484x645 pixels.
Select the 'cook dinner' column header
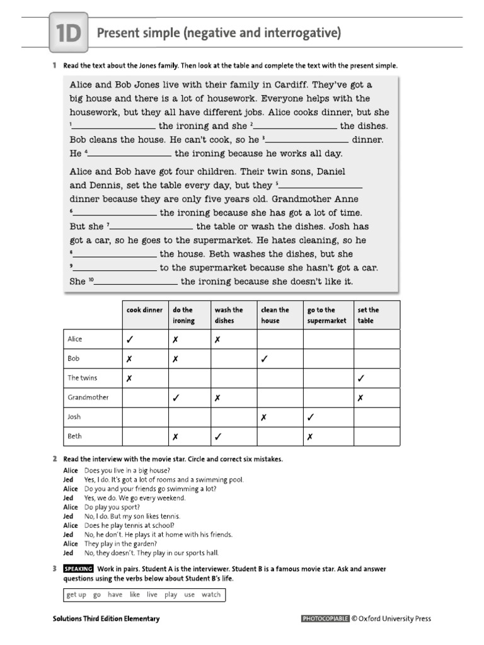145,310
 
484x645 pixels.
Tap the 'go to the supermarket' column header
326,315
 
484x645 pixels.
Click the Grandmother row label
88,397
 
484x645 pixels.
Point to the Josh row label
74,417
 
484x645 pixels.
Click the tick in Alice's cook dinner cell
130,340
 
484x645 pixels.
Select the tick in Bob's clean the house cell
265,359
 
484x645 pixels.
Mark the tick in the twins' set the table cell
360,379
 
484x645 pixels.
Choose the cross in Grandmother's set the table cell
360,398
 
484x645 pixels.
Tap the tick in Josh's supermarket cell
310,417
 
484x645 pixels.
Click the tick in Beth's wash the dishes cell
217,437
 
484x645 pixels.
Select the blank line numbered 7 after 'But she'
152,227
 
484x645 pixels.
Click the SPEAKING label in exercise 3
78,568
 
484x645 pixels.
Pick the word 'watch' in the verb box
211,595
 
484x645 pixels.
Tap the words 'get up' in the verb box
77,595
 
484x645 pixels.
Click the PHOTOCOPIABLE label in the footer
325,619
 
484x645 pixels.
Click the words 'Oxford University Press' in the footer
395,619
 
